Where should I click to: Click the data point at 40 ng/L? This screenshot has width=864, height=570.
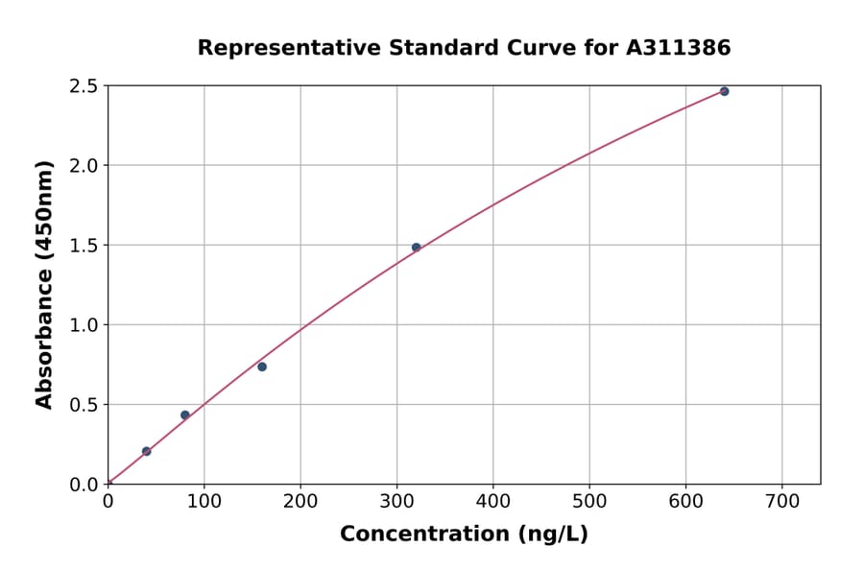(146, 451)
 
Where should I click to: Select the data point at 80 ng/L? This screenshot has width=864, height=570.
(185, 415)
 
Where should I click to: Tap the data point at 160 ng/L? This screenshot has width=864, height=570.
(262, 367)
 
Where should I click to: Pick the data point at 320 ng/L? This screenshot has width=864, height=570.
(416, 248)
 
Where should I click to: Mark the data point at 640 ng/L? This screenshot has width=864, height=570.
(724, 91)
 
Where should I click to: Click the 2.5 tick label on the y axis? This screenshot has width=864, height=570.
(84, 86)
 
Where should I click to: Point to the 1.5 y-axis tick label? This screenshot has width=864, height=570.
(84, 246)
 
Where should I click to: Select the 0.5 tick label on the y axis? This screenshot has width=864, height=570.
(84, 405)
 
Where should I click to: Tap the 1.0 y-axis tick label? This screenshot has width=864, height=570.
(84, 325)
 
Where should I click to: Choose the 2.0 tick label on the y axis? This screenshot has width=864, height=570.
(84, 166)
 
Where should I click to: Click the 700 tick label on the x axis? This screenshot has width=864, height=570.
(781, 501)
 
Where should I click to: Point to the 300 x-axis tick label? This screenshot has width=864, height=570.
(396, 501)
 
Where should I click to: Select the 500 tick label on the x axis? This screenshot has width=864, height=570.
(589, 501)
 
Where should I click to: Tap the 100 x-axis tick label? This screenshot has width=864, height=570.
(204, 501)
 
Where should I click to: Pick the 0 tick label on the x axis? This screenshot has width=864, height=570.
(108, 501)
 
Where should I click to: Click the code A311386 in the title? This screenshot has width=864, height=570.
(679, 47)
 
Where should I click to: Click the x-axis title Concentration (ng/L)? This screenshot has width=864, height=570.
(464, 534)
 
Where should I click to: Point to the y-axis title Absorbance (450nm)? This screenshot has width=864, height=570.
(44, 284)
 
